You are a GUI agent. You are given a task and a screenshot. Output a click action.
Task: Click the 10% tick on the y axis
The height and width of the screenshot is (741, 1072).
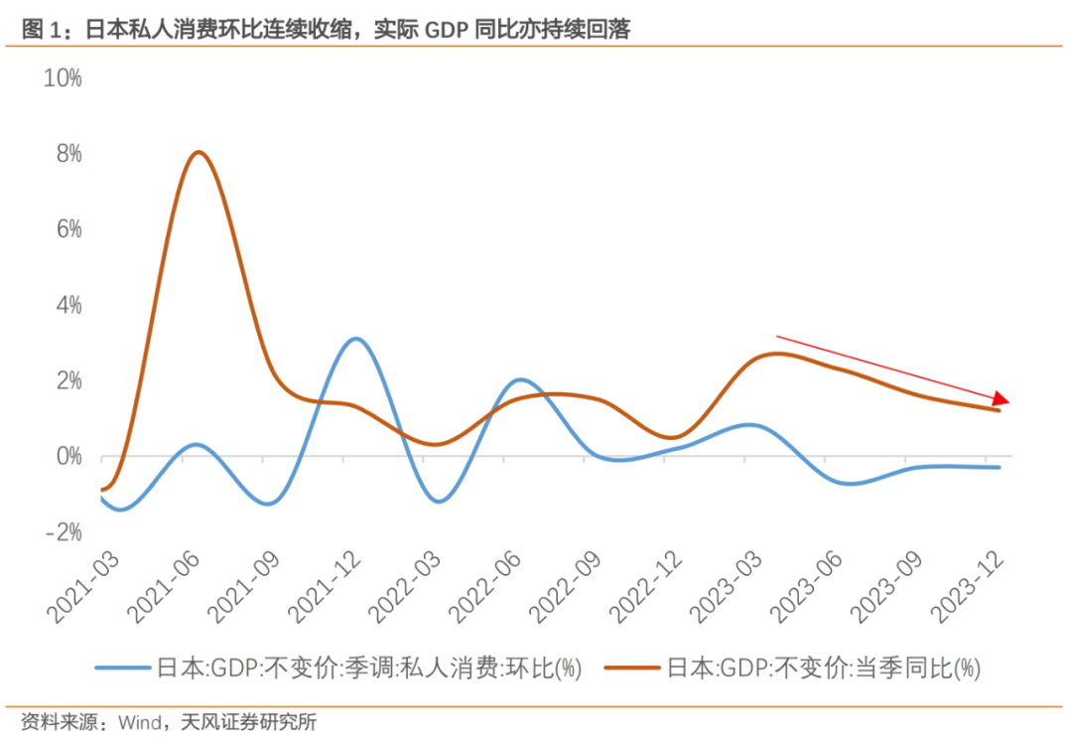tap(63, 78)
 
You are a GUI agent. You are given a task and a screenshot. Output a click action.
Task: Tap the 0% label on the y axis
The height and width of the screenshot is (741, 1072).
tap(68, 457)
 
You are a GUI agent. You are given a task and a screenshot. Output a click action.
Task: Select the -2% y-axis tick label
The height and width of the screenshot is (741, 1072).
tap(63, 532)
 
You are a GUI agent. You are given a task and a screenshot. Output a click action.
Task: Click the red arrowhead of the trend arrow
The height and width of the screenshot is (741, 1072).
tap(1002, 398)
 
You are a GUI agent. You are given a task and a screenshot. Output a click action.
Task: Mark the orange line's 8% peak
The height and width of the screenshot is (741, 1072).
tap(199, 152)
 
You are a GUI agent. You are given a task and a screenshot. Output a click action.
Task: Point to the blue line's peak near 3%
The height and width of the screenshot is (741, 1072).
tap(357, 339)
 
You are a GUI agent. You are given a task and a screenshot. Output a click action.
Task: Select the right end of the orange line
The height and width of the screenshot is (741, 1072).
tap(999, 410)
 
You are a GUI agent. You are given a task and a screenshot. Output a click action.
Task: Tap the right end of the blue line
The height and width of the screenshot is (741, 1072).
tap(999, 467)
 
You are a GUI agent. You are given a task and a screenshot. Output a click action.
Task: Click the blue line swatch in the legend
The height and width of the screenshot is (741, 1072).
tap(123, 667)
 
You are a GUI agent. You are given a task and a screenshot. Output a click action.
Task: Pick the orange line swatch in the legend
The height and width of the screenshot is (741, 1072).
tap(632, 667)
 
